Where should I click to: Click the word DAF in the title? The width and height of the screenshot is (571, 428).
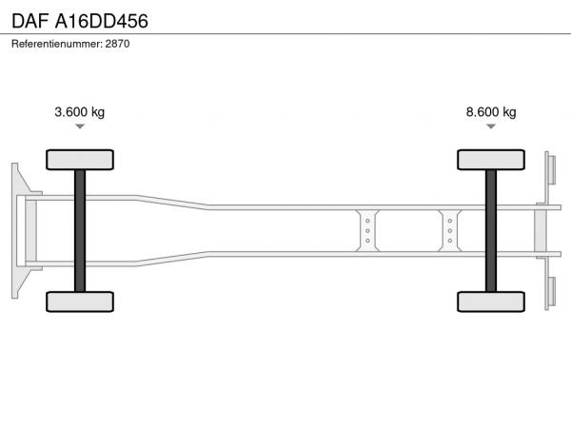[30, 21]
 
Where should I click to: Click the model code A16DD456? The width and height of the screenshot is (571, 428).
[101, 21]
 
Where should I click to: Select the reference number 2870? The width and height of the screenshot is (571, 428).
[117, 44]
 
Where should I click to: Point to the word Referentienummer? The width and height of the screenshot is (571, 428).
[57, 44]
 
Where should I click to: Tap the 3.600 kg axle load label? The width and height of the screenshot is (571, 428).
[79, 111]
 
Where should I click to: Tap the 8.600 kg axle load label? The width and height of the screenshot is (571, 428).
[491, 111]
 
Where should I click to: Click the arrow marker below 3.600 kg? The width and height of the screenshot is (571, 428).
[80, 126]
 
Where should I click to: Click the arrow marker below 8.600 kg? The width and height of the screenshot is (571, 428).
[491, 126]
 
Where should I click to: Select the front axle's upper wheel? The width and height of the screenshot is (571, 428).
[80, 160]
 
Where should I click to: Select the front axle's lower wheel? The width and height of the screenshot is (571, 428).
[80, 302]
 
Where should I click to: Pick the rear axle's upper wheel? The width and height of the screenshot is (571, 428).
[491, 160]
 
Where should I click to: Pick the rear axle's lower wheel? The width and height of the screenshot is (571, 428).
[491, 302]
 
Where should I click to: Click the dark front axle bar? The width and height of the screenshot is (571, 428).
[80, 231]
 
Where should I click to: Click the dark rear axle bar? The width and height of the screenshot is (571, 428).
[491, 231]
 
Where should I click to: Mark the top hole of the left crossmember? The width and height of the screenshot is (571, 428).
[367, 221]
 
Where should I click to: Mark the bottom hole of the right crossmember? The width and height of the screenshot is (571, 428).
[450, 241]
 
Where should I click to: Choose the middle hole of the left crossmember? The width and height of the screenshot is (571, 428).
[367, 231]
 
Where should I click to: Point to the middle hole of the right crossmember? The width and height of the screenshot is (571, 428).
[450, 231]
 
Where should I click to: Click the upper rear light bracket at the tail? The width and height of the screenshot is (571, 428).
[550, 170]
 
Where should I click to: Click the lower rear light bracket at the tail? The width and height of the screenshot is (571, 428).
[550, 291]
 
